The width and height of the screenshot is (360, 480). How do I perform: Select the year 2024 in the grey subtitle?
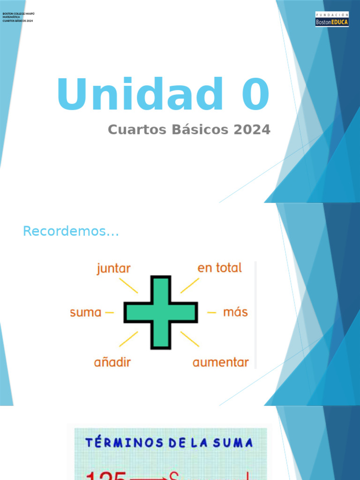pyautogui.click(x=252, y=130)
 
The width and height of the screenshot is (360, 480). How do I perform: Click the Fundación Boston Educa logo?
pyautogui.click(x=332, y=19)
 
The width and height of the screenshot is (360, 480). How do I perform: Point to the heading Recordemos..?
pyautogui.click(x=71, y=231)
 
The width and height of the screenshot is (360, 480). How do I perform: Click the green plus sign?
pyautogui.click(x=161, y=313)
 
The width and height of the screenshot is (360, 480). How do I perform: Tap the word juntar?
pyautogui.click(x=113, y=269)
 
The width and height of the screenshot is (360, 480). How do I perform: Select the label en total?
pyautogui.click(x=219, y=268)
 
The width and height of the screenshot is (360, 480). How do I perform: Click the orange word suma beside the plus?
pyautogui.click(x=86, y=312)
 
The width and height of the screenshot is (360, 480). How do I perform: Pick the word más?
pyautogui.click(x=235, y=312)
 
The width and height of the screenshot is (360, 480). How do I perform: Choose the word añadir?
pyautogui.click(x=112, y=362)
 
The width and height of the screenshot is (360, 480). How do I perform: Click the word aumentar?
pyautogui.click(x=221, y=362)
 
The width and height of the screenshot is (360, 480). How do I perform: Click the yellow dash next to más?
pyautogui.click(x=212, y=312)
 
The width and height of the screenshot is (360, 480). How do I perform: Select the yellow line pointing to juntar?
pyautogui.click(x=128, y=285)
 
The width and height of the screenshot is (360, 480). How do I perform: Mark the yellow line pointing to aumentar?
pyautogui.click(x=190, y=339)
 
